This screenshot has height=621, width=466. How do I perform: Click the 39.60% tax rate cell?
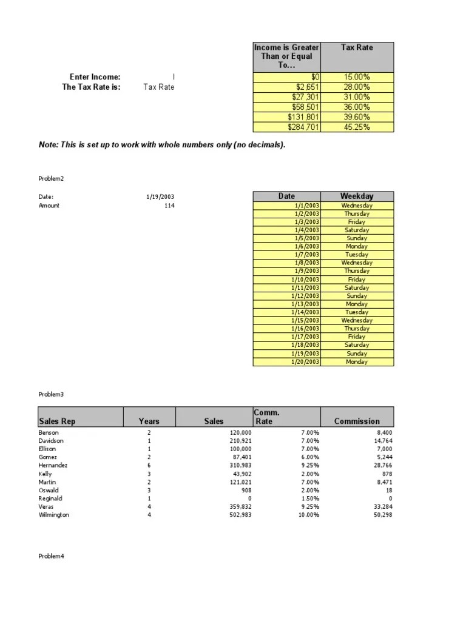[x=357, y=117]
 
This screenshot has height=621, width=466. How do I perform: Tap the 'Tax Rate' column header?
[x=357, y=47]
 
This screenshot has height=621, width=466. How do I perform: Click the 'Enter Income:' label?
[x=95, y=77]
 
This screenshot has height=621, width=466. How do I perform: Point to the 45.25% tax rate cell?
[x=357, y=127]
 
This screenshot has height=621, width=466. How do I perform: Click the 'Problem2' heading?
[x=51, y=179]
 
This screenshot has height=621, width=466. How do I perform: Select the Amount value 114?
[x=169, y=206]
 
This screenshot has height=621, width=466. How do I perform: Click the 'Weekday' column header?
[x=357, y=196]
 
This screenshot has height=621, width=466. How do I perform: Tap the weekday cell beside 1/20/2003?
[x=357, y=361]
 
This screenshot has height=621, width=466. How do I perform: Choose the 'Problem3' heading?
[x=51, y=394]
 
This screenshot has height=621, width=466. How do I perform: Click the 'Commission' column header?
[x=357, y=421]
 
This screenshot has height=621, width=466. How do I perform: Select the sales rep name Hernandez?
[x=53, y=465]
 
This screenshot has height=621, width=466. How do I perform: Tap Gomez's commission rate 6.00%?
[x=309, y=457]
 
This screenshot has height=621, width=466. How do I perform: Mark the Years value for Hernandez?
[x=149, y=465]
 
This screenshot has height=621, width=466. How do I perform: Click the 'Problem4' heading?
[x=51, y=556]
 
